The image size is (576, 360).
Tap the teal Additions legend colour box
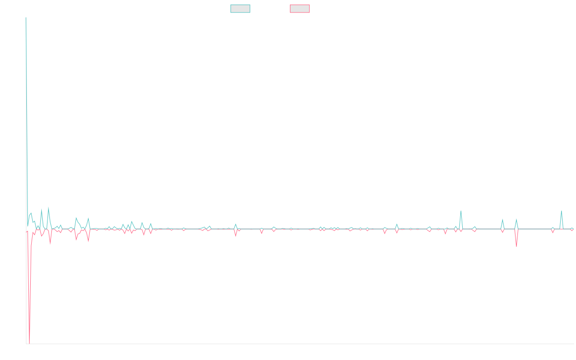tap(240, 9)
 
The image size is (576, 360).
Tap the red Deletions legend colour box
tap(300, 9)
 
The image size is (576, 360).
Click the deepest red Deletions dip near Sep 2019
tap(29, 343)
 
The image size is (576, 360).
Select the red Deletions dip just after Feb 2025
tap(516, 246)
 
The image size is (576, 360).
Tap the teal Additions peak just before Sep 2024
tap(461, 211)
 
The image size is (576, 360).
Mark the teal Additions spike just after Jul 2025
tap(561, 211)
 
